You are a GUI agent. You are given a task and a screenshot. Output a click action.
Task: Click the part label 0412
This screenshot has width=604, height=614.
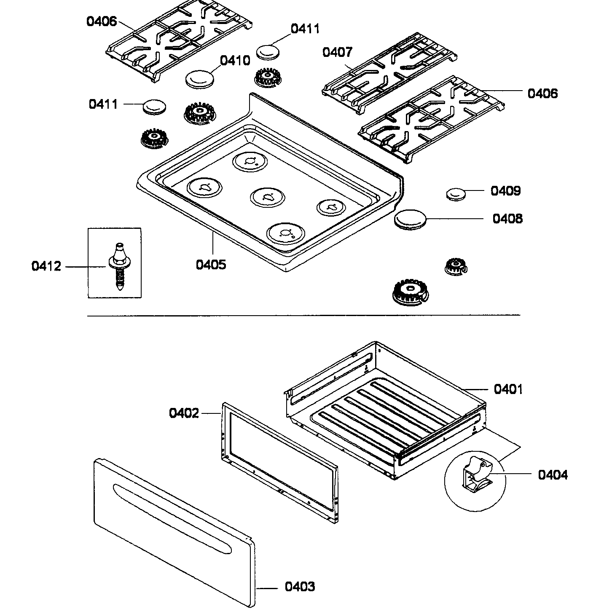[x=46, y=266]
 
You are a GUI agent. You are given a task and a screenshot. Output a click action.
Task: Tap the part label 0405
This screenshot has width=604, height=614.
[x=211, y=265]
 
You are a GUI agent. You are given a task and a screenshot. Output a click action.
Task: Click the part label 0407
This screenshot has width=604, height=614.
[x=337, y=52]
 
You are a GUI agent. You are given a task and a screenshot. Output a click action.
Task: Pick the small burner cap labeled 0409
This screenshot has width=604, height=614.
[x=456, y=194]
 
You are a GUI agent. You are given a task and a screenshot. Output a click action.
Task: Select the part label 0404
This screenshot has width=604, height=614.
[x=553, y=475]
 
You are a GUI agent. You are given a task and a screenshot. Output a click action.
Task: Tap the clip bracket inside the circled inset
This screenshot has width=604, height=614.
[x=476, y=475]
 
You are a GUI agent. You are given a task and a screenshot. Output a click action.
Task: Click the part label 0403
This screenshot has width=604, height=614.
[x=300, y=587]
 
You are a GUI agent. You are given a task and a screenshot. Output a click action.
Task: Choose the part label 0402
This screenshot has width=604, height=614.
[x=184, y=413]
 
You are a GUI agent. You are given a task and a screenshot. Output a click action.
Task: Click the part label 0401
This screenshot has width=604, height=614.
[x=508, y=389]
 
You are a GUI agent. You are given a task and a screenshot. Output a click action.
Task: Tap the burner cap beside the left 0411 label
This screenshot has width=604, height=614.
[x=154, y=107]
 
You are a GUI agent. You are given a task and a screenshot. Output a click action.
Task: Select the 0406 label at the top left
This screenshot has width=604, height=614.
[x=101, y=21]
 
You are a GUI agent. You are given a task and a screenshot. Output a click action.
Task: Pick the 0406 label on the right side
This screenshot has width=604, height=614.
[x=542, y=93]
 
